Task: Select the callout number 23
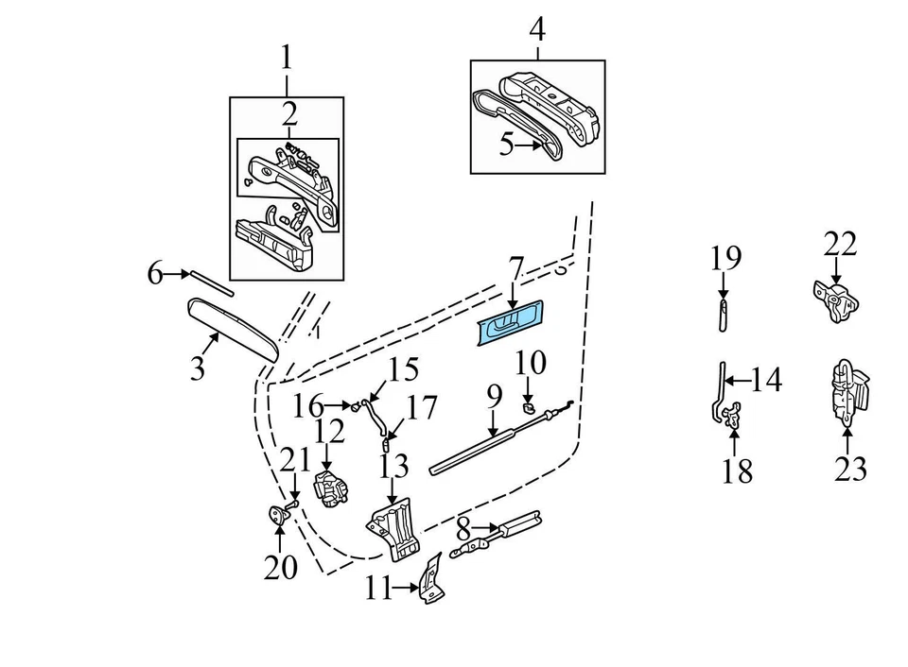click(849, 468)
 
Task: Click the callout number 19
click(725, 257)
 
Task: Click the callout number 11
click(377, 589)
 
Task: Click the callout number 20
click(280, 567)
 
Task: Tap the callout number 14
click(767, 381)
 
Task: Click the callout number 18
click(737, 470)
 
